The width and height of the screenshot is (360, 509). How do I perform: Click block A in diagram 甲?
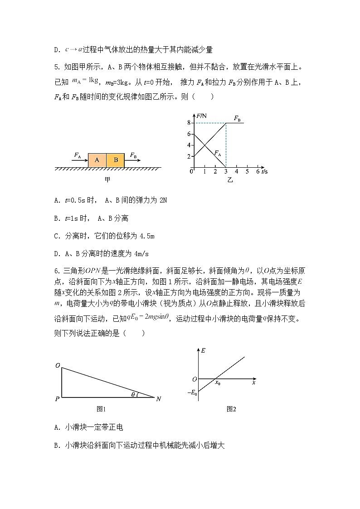tap(97, 160)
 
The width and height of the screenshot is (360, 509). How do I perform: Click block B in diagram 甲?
tap(115, 160)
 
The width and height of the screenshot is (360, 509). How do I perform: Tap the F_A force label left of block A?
tap(78, 155)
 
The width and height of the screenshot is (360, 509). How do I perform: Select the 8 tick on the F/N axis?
tap(188, 123)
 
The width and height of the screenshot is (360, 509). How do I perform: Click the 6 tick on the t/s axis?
tap(258, 171)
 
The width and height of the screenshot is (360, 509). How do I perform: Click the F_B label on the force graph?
tap(237, 118)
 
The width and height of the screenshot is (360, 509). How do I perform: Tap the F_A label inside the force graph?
tap(218, 153)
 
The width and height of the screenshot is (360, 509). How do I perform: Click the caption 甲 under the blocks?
tap(107, 180)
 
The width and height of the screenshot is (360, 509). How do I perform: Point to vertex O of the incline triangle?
tap(58, 365)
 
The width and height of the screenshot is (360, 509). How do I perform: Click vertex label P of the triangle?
tap(57, 399)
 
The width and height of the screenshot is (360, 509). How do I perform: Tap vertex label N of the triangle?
tap(158, 399)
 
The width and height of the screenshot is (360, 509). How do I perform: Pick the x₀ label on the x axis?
tap(218, 383)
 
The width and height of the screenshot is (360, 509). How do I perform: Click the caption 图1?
tap(101, 409)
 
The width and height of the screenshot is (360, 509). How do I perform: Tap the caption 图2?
tap(231, 409)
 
